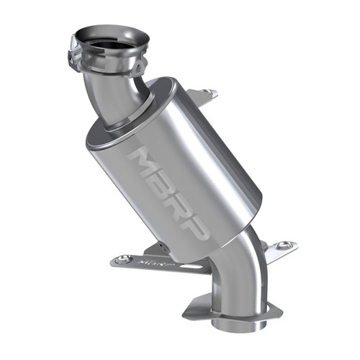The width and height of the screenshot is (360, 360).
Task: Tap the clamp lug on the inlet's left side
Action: point(73,57)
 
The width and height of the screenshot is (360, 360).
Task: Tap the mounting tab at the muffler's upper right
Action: point(207,93)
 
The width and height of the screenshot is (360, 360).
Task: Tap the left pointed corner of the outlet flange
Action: point(186,314)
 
